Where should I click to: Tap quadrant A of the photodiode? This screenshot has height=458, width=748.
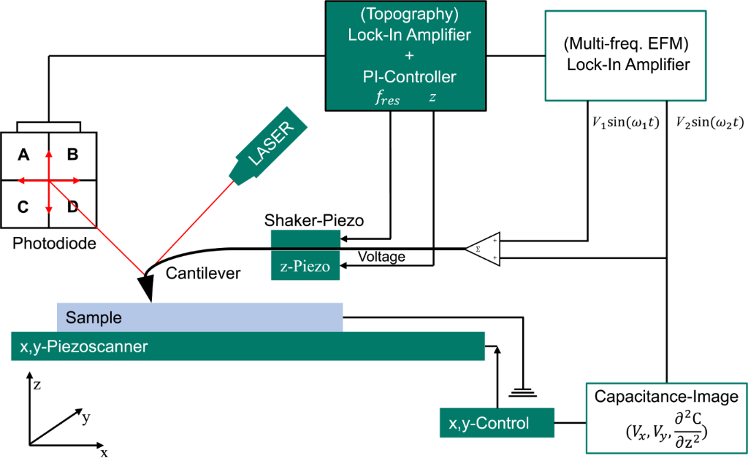(x=24, y=155)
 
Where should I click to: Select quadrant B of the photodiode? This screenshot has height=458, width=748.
(x=72, y=155)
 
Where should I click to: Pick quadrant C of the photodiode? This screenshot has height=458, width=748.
(x=24, y=206)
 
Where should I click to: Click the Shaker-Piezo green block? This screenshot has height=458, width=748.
(x=305, y=239)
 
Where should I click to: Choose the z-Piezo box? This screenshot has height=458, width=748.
(x=305, y=267)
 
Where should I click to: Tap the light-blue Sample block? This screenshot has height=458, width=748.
(x=199, y=317)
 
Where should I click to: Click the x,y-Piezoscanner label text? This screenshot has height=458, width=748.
(x=80, y=346)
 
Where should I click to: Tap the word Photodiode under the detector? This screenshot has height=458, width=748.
(x=54, y=244)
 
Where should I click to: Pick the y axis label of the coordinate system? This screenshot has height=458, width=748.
(x=85, y=418)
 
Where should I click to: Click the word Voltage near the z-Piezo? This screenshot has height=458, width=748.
(x=381, y=257)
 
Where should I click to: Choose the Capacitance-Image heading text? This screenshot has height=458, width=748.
(x=666, y=397)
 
